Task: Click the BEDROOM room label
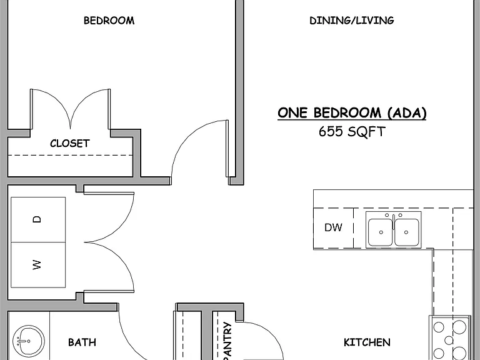(x=109, y=21)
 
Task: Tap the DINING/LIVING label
(x=352, y=21)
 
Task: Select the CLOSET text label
(x=70, y=143)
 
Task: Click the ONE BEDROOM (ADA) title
(x=352, y=113)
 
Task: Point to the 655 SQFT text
(x=352, y=132)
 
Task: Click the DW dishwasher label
(x=333, y=227)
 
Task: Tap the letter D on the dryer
(x=37, y=219)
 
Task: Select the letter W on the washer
(x=36, y=265)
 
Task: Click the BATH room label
(x=82, y=342)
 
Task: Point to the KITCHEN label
(x=367, y=342)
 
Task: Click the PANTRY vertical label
(x=227, y=341)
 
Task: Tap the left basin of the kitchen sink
(x=380, y=232)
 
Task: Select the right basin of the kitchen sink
(x=407, y=232)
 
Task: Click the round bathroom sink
(x=29, y=341)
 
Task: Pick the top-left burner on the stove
(x=439, y=327)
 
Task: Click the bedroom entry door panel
(x=227, y=149)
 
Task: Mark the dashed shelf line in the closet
(x=70, y=155)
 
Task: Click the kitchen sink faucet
(x=394, y=221)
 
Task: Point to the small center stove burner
(x=449, y=340)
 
